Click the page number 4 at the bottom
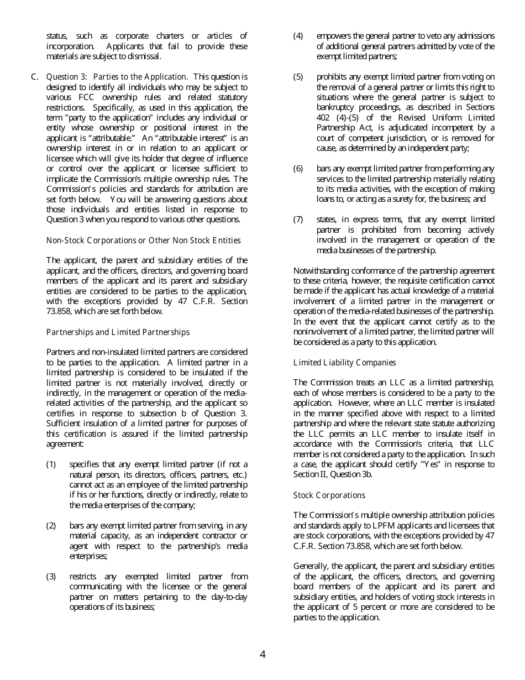tap(262, 655)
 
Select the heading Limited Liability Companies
tap(344, 363)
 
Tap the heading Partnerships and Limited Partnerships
tap(118, 332)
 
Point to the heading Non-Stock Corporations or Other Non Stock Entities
tap(143, 240)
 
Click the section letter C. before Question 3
tap(35, 77)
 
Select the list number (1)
tap(51, 464)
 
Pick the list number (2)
tap(51, 526)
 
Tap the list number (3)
tap(51, 577)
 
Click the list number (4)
tap(298, 36)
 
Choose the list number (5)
tap(298, 77)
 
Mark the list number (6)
tap(298, 169)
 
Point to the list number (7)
tap(298, 219)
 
